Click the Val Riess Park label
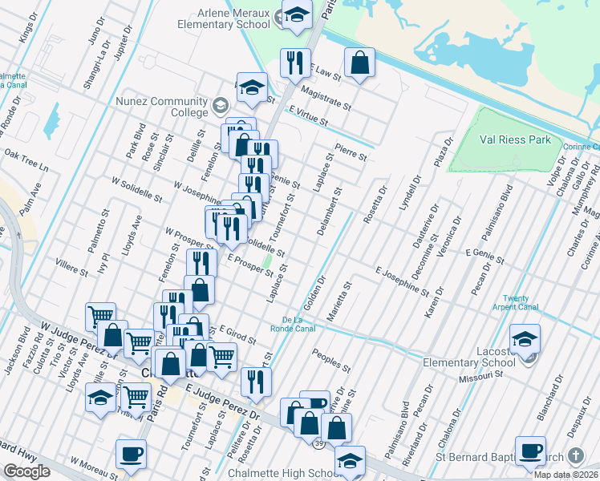point(515,139)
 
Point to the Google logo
point(26,471)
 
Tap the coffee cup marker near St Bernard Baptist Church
point(530,450)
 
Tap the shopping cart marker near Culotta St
point(100,316)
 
